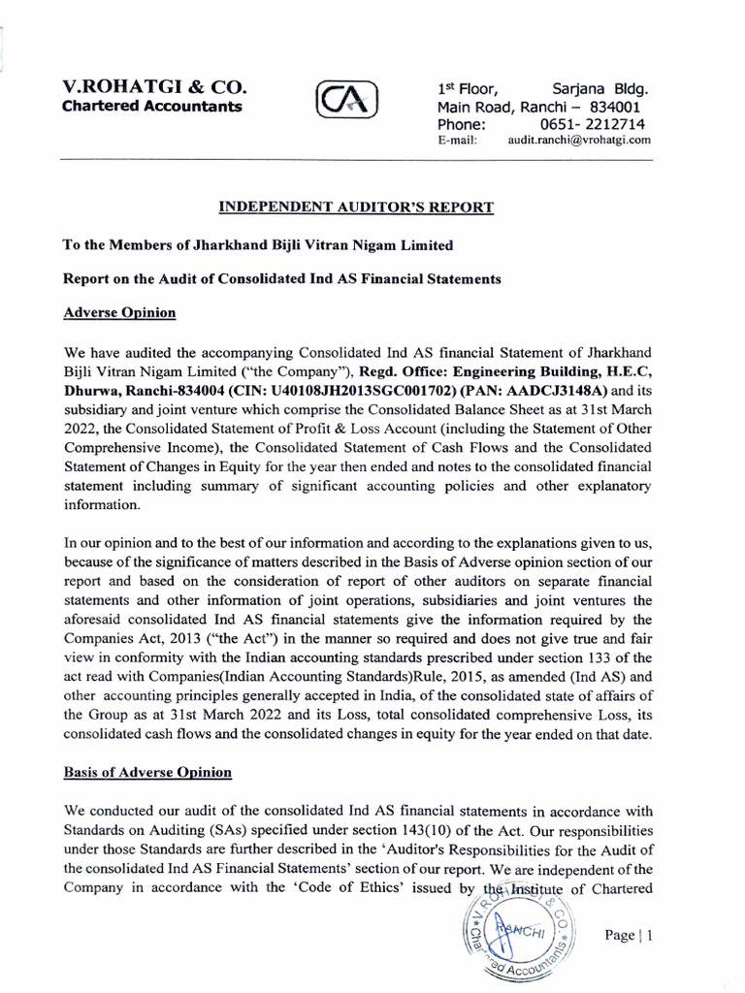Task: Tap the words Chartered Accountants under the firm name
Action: pyautogui.click(x=152, y=107)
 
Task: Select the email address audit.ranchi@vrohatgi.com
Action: pyautogui.click(x=579, y=140)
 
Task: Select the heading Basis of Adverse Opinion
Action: pyautogui.click(x=147, y=772)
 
